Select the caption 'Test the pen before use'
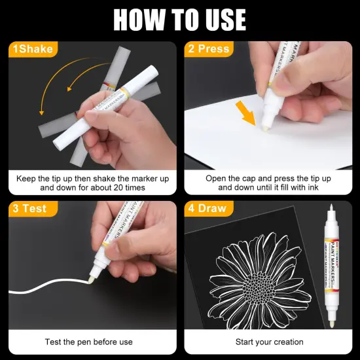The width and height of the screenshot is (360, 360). (89, 342)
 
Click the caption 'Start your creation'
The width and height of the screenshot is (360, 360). (270, 342)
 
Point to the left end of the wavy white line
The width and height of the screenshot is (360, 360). (9, 291)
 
